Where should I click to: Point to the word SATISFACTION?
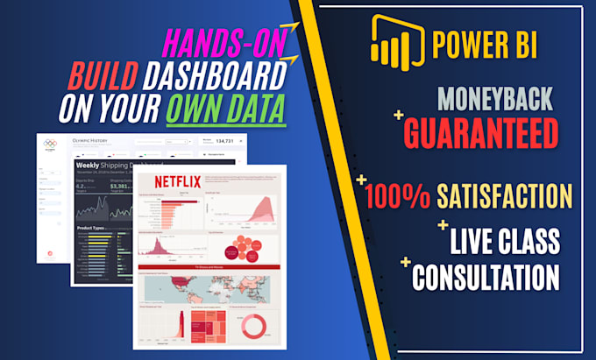coord(506,194)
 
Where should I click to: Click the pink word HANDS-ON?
coord(229,44)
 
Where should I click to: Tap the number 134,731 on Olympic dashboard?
coord(223,140)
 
